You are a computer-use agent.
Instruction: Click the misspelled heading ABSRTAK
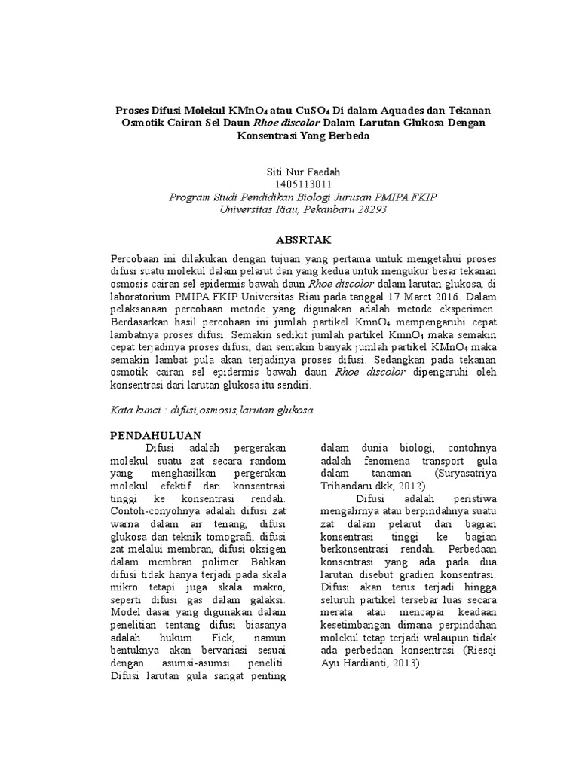pos(289,236)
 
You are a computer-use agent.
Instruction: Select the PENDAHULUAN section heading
pos(155,434)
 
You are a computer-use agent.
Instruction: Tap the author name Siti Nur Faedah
pos(289,172)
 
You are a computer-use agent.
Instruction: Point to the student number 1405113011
pos(289,184)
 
